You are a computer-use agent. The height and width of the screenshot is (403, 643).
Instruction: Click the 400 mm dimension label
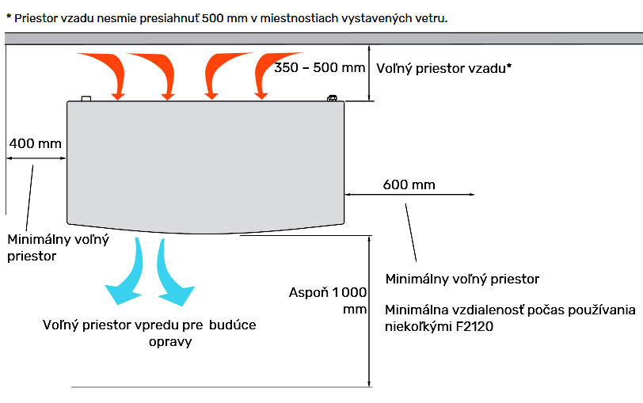36,143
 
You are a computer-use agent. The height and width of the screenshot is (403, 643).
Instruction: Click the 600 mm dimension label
409,184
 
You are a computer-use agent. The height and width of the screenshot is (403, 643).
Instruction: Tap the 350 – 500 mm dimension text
319,67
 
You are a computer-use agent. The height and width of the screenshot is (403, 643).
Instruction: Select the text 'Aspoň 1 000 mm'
328,301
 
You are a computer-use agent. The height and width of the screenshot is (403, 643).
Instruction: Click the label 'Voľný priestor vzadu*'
443,68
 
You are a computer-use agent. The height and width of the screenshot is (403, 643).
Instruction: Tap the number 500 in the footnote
213,18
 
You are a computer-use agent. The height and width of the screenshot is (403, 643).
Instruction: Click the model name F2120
474,327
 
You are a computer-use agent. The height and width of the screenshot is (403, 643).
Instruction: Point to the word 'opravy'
170,342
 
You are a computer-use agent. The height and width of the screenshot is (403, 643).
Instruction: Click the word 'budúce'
233,325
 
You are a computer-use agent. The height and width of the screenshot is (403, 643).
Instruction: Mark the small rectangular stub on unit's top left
86,98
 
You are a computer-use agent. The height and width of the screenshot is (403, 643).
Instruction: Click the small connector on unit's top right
332,98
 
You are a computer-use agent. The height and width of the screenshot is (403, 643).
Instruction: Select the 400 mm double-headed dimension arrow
36,158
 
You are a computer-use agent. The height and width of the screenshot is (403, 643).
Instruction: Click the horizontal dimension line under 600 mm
409,194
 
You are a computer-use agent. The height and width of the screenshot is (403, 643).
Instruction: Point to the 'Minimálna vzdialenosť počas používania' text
510,310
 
